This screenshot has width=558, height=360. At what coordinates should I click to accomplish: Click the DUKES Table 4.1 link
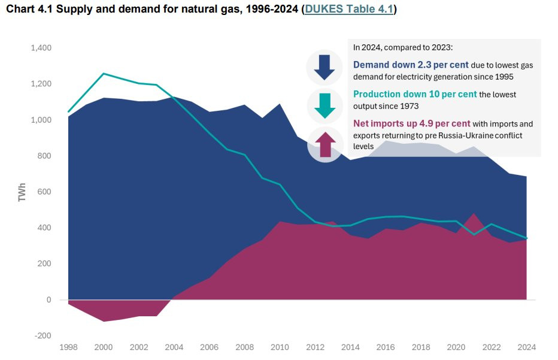click(348, 10)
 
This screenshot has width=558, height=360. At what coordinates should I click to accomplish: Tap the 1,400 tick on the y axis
click(41, 48)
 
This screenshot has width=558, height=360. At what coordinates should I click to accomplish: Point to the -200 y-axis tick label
click(43, 335)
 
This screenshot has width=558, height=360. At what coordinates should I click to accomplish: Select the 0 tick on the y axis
click(48, 300)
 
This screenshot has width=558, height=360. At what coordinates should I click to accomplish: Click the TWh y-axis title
click(23, 192)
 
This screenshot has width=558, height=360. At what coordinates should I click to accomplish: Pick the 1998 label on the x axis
click(68, 347)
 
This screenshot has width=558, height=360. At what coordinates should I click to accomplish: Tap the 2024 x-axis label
click(526, 347)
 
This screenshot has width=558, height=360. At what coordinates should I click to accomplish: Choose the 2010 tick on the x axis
click(280, 347)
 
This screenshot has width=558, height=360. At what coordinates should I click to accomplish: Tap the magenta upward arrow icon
click(324, 145)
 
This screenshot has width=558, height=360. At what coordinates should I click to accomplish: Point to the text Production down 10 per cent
click(414, 95)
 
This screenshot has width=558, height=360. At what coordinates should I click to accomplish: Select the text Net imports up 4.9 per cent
click(411, 124)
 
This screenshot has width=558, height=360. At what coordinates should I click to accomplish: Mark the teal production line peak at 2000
click(104, 74)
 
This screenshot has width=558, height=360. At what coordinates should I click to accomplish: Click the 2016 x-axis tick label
click(385, 347)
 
